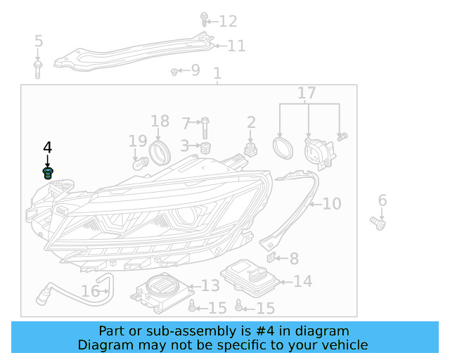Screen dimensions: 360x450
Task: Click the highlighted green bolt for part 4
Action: pos(48,173)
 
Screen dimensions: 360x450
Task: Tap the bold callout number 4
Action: pos(47,148)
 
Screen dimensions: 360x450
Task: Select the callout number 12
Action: pos(228,21)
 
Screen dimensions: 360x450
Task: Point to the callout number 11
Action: pos(236,46)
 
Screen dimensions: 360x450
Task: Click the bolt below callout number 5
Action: pos(38,68)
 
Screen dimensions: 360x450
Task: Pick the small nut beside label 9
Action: pos(174,71)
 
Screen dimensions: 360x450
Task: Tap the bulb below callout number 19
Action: pos(139,164)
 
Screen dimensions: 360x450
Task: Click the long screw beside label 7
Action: pos(204,127)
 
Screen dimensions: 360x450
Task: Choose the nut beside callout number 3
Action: pos(206,148)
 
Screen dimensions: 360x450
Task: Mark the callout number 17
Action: pos(307,94)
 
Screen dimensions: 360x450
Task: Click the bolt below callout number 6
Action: pos(380,224)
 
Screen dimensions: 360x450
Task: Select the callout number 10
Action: pos(331,204)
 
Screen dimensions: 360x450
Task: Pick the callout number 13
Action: pos(210,285)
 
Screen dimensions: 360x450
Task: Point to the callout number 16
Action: pos(91,291)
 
